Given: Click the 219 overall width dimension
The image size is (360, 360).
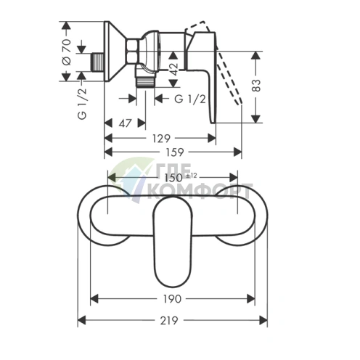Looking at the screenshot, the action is pos(169,321).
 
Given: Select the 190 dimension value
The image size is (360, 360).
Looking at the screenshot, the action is pos(172,299).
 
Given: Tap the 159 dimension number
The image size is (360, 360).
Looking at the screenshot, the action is pos(175,152).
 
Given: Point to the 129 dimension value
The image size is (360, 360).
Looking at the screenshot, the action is pos(161,139).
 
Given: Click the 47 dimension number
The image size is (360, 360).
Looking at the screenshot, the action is pos(125,123).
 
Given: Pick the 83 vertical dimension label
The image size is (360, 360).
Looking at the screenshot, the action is pos(256,86).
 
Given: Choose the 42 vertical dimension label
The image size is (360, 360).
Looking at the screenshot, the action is pos(173,70).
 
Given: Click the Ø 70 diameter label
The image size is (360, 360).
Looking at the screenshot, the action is pos(67,52).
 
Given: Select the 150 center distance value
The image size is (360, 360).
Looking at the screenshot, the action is pos(173,178).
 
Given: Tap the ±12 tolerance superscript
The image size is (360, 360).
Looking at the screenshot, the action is pos(192,176).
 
